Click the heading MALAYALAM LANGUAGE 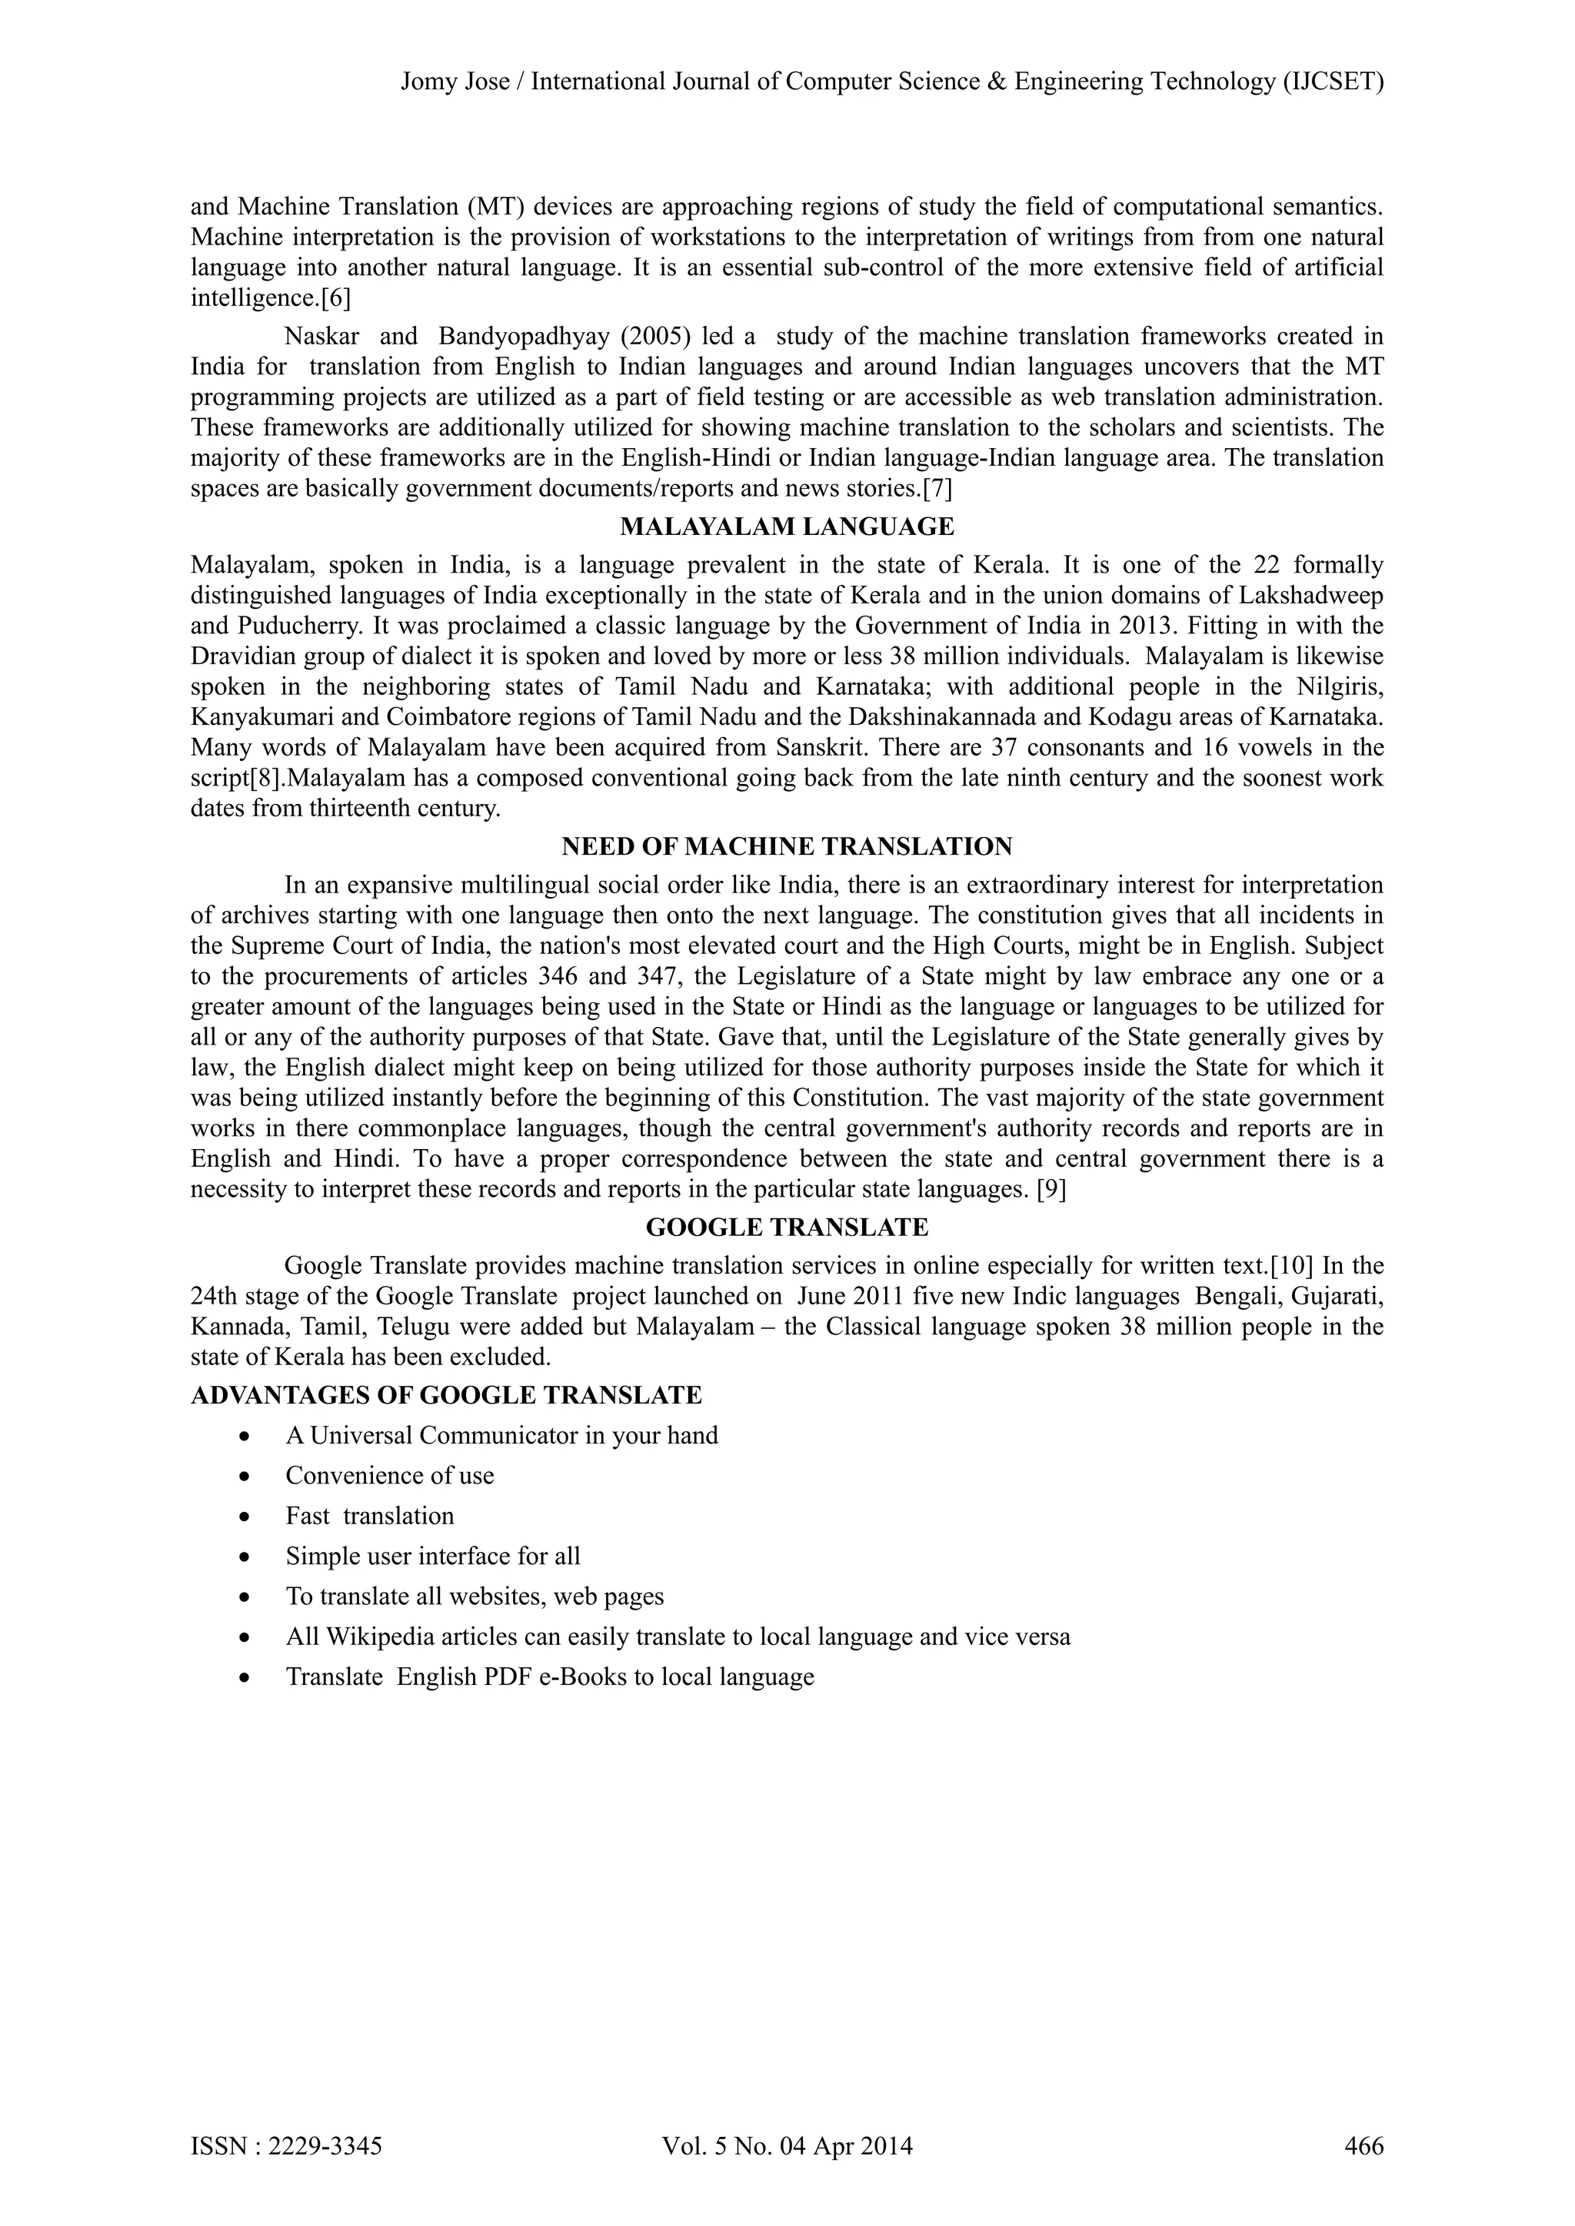coord(787,527)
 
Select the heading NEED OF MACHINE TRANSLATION coord(787,846)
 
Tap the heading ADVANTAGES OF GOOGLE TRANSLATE coord(446,1395)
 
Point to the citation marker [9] coord(1051,1190)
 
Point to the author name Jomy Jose coord(455,81)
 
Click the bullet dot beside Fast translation coord(249,1517)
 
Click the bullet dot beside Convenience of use coord(249,1477)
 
